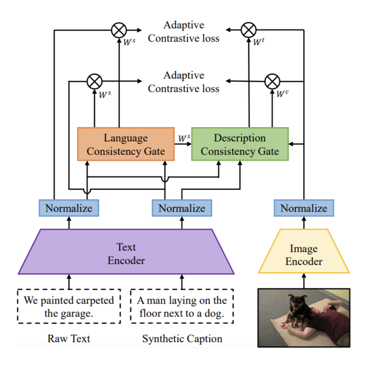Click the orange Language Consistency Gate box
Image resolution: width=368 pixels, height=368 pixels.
(x=126, y=144)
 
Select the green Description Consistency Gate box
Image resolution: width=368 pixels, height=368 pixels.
(x=240, y=144)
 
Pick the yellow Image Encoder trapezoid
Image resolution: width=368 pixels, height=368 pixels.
(x=304, y=254)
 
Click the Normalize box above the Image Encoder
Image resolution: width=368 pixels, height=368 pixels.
(x=304, y=208)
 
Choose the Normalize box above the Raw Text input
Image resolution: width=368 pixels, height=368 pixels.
(x=69, y=208)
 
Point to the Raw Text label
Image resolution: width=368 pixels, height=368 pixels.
(x=69, y=339)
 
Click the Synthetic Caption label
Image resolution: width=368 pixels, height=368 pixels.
(x=182, y=339)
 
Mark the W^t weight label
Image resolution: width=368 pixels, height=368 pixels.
(x=258, y=42)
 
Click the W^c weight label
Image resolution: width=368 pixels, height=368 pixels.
(x=282, y=94)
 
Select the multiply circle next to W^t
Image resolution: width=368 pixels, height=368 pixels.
(x=249, y=30)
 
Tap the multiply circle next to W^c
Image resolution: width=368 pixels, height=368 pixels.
(x=272, y=81)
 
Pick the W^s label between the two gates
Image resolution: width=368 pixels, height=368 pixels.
(x=184, y=138)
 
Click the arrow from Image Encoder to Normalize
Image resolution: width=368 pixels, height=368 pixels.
(x=304, y=223)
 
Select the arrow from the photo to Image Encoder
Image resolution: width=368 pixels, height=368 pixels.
(x=304, y=281)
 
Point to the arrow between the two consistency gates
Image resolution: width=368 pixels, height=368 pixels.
(x=183, y=144)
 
